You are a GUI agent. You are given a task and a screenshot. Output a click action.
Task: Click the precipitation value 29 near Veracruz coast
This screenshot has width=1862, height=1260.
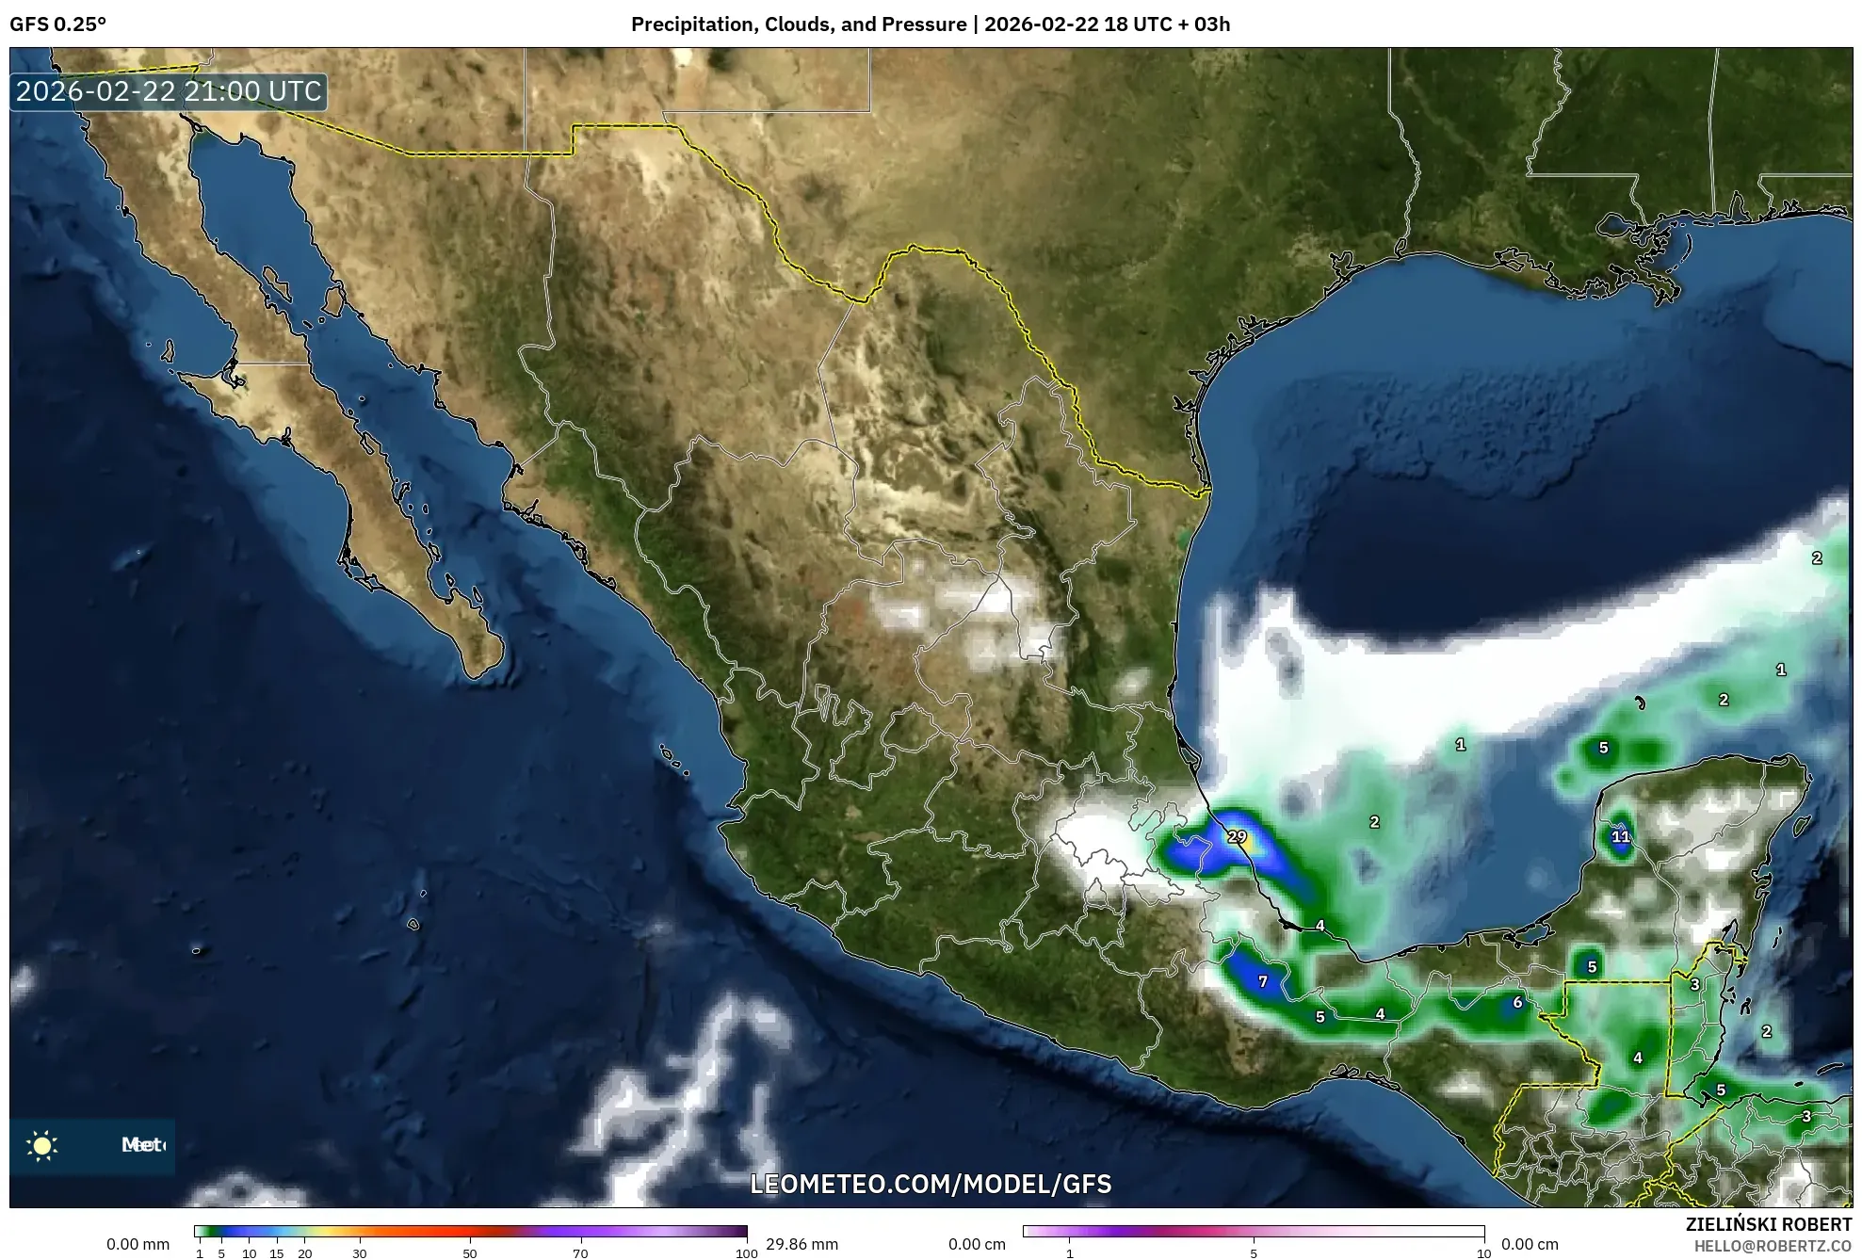(1237, 836)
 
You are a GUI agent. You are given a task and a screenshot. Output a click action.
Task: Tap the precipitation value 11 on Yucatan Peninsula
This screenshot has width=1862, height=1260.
(1620, 836)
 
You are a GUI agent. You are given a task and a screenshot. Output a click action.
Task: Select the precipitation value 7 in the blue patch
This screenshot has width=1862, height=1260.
(1263, 981)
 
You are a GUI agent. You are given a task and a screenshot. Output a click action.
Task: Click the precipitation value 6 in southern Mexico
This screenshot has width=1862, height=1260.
(1517, 1002)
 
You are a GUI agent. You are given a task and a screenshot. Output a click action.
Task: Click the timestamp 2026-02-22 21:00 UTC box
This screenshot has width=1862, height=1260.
(169, 91)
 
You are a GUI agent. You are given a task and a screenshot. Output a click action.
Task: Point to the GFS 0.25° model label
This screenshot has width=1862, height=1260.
(57, 24)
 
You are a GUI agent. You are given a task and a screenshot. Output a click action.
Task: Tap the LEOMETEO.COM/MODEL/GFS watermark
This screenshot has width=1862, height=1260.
(931, 1184)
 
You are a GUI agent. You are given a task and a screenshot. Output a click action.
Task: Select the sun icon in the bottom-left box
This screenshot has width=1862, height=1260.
(42, 1145)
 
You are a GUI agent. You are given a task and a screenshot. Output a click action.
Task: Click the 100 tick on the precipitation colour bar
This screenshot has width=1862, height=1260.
(746, 1253)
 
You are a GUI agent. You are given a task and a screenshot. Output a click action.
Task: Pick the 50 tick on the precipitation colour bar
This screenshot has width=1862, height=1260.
(470, 1253)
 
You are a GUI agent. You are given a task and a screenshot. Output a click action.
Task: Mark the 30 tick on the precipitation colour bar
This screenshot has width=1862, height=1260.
(360, 1253)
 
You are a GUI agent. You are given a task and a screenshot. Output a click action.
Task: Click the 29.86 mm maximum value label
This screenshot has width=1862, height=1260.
(801, 1244)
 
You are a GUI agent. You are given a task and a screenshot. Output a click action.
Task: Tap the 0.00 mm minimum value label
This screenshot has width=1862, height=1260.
(138, 1244)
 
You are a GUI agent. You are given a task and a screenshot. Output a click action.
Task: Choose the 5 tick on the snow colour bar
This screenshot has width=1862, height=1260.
(1254, 1253)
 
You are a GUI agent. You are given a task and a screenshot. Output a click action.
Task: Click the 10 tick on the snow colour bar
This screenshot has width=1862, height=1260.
(1483, 1253)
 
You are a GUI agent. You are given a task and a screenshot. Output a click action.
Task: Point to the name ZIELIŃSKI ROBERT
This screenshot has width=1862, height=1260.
(1768, 1224)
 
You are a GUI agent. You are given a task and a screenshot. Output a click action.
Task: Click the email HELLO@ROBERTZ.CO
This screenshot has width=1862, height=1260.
(1773, 1246)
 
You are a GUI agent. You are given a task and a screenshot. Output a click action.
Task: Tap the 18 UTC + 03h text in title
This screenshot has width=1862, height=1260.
(1167, 24)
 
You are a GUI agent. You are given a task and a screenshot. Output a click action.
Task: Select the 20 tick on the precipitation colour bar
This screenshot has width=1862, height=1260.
(304, 1253)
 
